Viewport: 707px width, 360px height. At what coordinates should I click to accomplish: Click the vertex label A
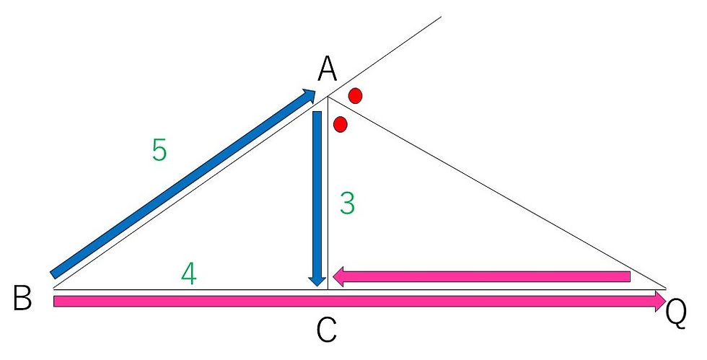(x=328, y=70)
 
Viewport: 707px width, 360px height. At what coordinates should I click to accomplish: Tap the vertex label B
(x=22, y=298)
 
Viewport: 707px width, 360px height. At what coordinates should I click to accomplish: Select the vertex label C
(x=326, y=330)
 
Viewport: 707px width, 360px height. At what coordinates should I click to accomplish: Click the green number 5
(x=159, y=150)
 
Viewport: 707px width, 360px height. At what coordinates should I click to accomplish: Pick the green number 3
(x=347, y=203)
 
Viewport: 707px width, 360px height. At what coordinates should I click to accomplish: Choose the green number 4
(x=189, y=274)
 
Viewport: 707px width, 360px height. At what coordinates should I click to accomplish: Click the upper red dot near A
(x=355, y=96)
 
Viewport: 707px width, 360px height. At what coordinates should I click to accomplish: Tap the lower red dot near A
(x=341, y=124)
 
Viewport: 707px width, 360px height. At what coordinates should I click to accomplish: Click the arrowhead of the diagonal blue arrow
(x=309, y=95)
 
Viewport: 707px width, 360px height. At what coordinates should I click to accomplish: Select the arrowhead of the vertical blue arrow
(x=317, y=281)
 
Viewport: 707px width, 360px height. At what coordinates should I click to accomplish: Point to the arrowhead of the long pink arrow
(x=660, y=301)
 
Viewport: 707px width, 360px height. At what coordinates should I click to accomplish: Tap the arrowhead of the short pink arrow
(x=338, y=276)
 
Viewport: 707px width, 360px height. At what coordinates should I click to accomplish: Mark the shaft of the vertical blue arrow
(x=317, y=193)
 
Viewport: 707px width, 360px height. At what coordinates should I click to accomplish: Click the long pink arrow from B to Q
(x=359, y=301)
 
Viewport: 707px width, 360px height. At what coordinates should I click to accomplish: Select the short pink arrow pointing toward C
(x=481, y=276)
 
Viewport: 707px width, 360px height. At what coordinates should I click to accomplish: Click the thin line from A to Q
(x=497, y=192)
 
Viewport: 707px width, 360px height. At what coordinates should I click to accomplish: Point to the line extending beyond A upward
(x=385, y=56)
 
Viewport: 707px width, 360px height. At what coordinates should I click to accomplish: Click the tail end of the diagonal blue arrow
(x=53, y=275)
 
